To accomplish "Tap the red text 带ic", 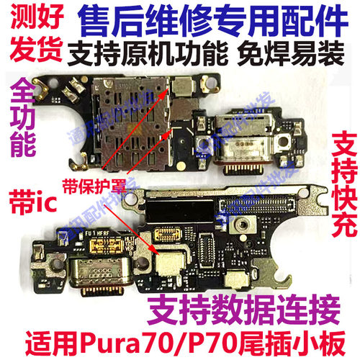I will (x=29, y=196).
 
